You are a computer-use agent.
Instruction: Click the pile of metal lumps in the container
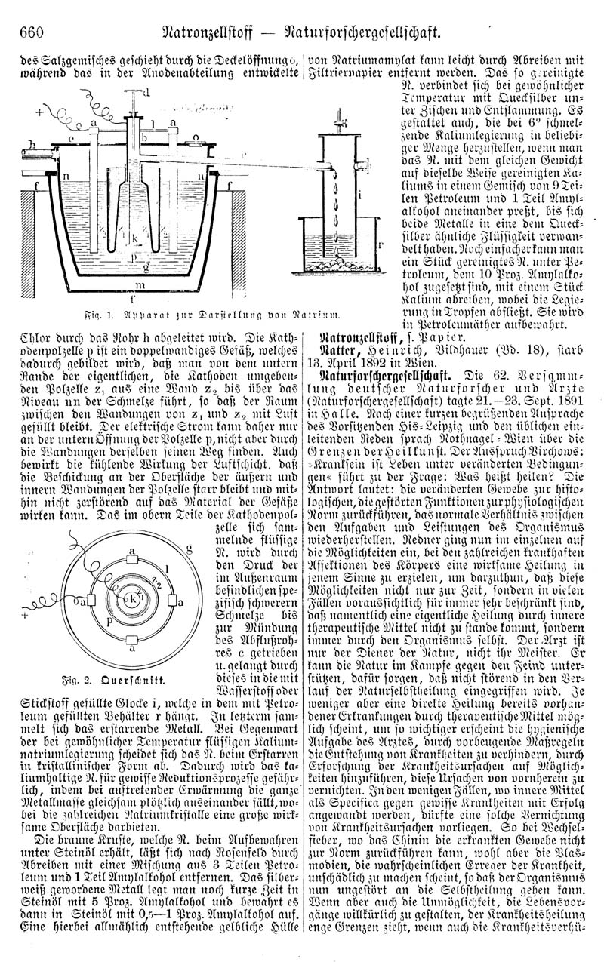[x=342, y=264]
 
